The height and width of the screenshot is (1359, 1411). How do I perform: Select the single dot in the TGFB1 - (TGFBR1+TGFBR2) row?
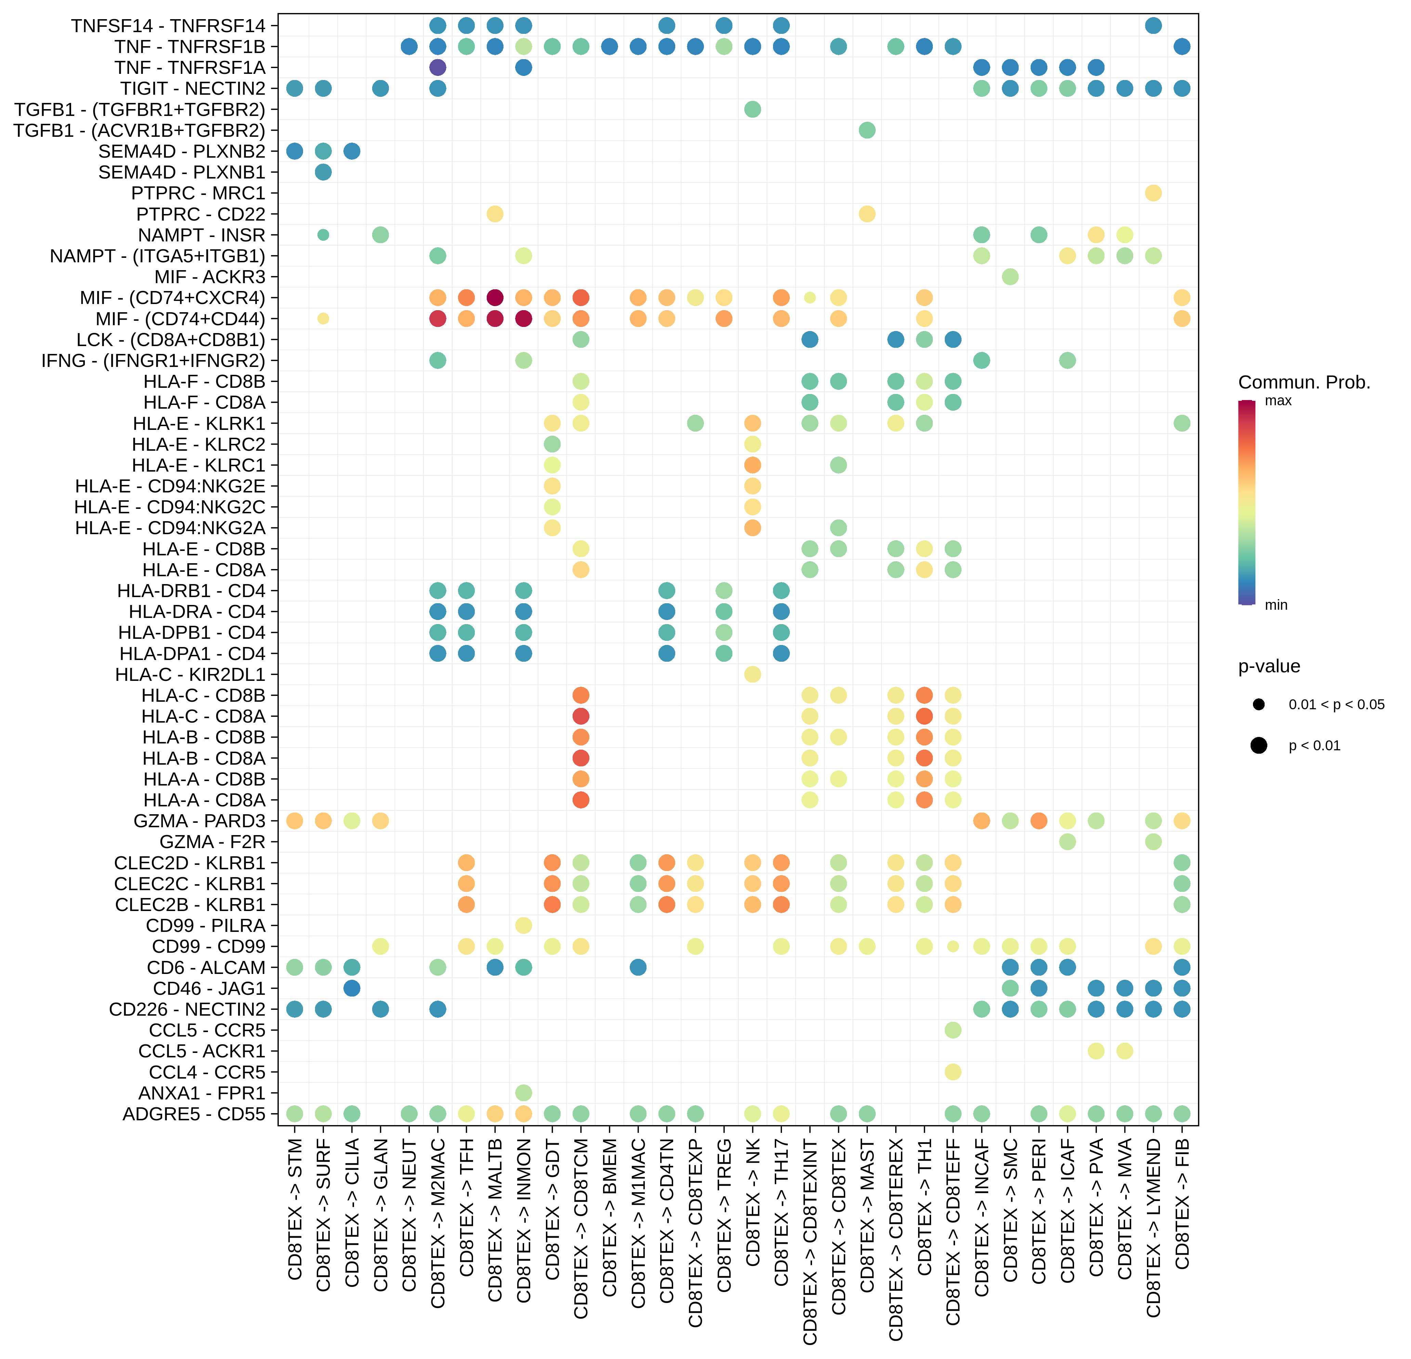tap(752, 109)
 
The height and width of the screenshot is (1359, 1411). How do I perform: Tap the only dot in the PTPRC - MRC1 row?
tap(1153, 193)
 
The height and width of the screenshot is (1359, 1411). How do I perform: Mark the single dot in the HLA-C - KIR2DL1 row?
tap(752, 674)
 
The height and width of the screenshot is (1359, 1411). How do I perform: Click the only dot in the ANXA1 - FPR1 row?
tap(523, 1093)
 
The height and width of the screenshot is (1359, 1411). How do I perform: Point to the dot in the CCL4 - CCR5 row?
tap(952, 1072)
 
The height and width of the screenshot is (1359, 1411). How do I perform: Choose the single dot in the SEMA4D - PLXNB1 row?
tap(323, 172)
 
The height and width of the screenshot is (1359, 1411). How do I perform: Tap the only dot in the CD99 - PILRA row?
tap(523, 925)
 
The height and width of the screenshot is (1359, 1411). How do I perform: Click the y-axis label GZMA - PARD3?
tap(199, 821)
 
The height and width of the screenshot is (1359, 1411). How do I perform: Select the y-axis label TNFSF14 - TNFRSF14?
tap(168, 26)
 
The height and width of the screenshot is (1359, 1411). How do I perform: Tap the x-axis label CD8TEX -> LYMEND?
tap(1153, 1227)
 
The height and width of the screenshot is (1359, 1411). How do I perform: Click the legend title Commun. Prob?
tap(1304, 382)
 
